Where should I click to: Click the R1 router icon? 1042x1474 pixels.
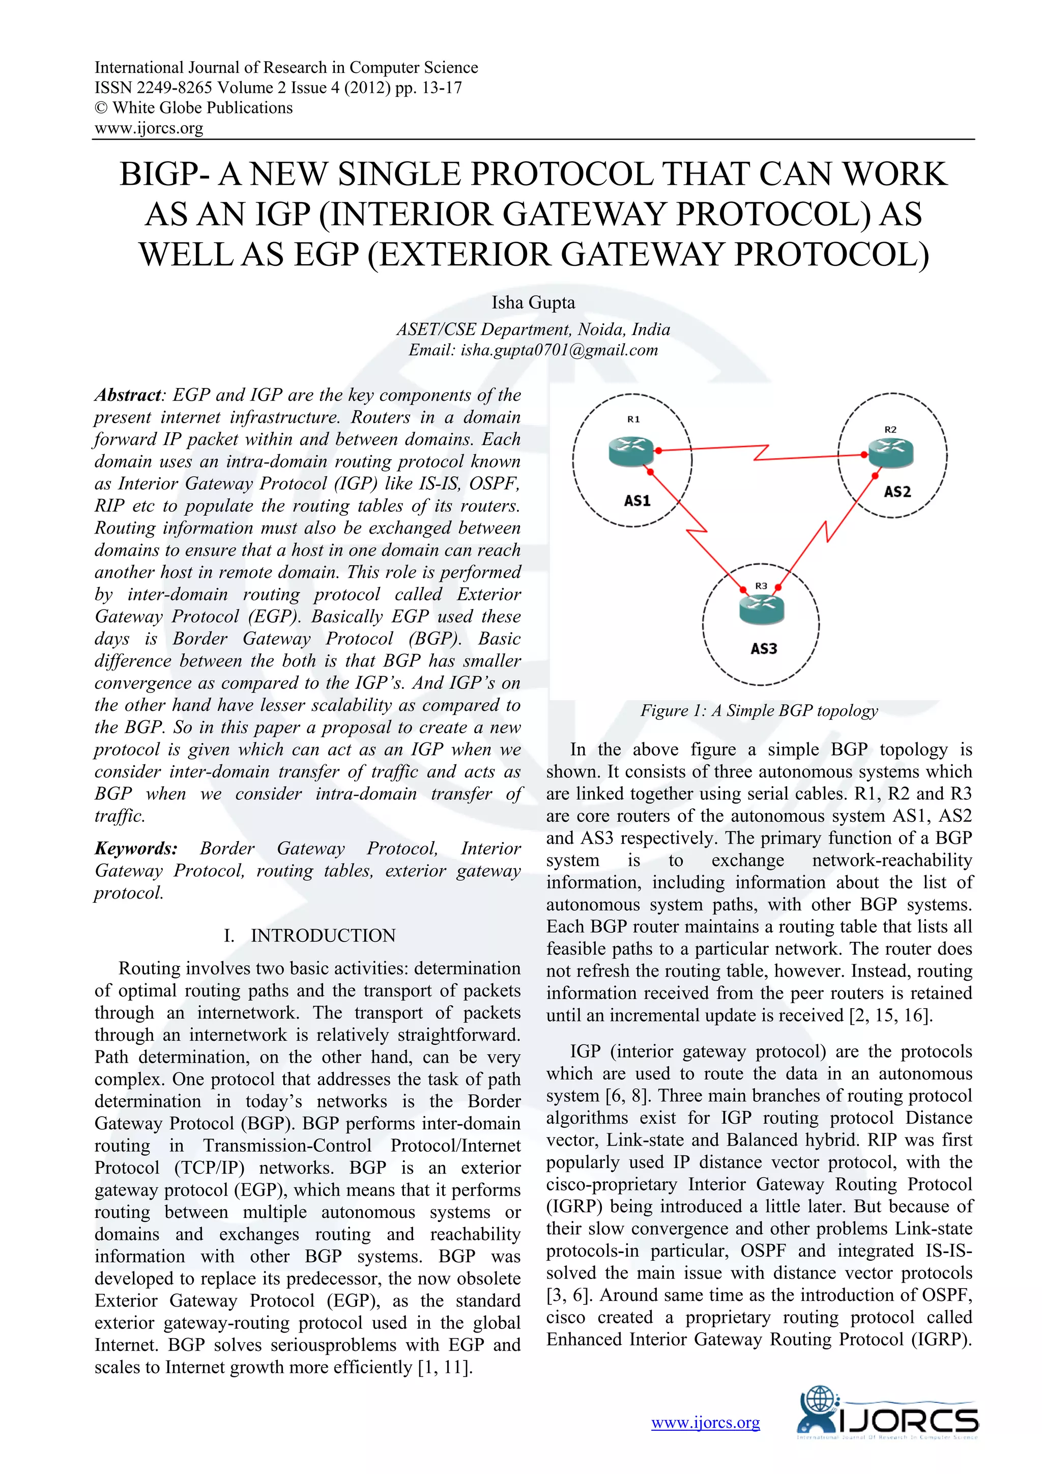pos(631,451)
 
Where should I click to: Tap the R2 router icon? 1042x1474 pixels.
pos(890,453)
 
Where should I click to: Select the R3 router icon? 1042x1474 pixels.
pos(762,608)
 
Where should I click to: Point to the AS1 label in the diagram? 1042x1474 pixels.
pos(637,500)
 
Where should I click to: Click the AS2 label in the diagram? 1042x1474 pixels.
pos(897,492)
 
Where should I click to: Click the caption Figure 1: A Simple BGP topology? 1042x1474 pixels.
pos(759,711)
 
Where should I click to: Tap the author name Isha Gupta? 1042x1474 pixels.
pos(533,302)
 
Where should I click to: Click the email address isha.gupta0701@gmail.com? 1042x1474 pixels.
pos(559,350)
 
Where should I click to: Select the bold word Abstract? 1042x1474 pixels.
pos(128,395)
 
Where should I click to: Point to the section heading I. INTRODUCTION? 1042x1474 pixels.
pos(309,935)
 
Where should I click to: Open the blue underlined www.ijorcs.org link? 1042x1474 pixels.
pos(705,1423)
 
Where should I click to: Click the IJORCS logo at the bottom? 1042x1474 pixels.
pos(887,1421)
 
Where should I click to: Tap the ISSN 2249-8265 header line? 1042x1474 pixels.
pos(278,88)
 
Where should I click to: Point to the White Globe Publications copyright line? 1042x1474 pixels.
pos(194,108)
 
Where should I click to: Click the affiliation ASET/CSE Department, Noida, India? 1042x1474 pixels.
pos(533,329)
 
